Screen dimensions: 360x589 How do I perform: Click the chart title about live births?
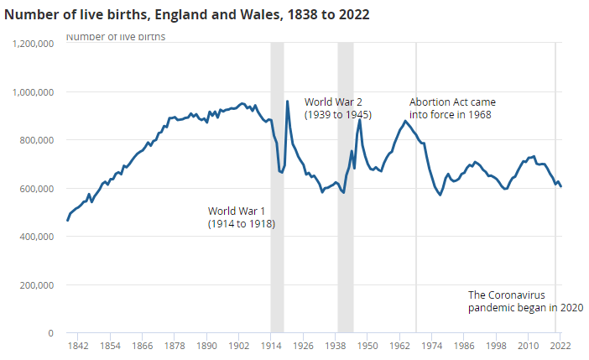click(x=186, y=14)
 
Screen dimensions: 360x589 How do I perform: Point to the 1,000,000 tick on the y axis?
click(x=34, y=91)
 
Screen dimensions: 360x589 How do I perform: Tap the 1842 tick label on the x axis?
click(x=78, y=345)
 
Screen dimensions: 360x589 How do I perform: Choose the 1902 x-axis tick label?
click(x=238, y=345)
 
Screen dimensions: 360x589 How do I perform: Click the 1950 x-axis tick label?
click(x=367, y=345)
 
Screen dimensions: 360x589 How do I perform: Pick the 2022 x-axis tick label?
click(x=560, y=345)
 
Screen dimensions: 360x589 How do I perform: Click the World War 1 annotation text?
click(x=242, y=217)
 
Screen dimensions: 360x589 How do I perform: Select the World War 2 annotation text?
click(x=338, y=108)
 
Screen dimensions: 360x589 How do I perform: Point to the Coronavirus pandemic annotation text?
click(x=525, y=301)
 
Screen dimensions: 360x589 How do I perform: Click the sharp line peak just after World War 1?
click(x=288, y=102)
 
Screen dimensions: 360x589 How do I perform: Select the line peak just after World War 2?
click(x=359, y=120)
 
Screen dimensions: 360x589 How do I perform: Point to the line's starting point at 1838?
click(x=68, y=220)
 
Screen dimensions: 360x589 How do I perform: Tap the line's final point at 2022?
click(x=560, y=186)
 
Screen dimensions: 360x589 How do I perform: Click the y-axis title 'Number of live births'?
click(x=116, y=37)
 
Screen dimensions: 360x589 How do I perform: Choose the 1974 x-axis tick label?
click(x=431, y=345)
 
